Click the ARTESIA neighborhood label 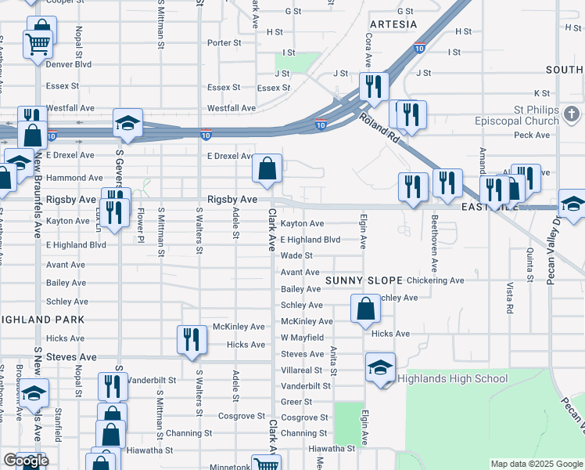(393, 24)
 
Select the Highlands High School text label (453, 379)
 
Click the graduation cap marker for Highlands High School (380, 367)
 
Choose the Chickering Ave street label (435, 280)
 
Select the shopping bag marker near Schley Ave (365, 309)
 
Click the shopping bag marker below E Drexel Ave (267, 168)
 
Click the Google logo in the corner (26, 461)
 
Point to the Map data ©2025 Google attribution (537, 464)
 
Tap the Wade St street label (296, 255)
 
